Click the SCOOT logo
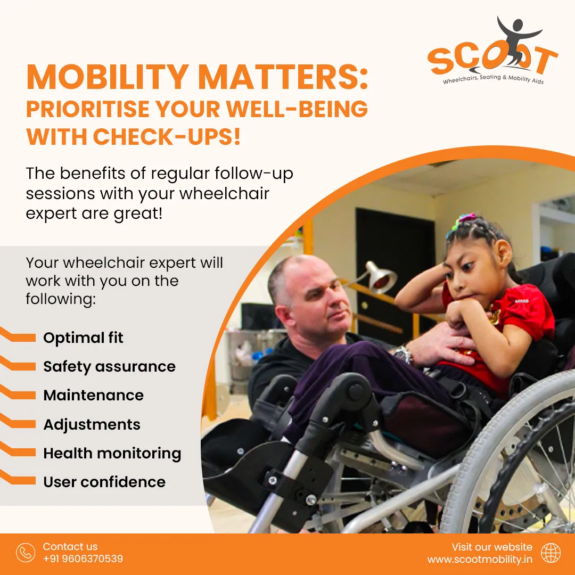[x=492, y=51]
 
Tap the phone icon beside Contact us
[x=26, y=553]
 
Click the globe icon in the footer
[x=551, y=553]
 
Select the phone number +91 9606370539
[x=83, y=558]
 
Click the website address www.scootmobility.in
[x=480, y=559]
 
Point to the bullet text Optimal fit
[x=83, y=338]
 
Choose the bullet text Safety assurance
[x=109, y=366]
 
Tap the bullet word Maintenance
[x=94, y=395]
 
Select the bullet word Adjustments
[x=92, y=424]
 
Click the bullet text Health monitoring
[x=112, y=453]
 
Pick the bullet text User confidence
[x=104, y=482]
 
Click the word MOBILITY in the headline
[x=108, y=77]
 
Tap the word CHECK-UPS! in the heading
[x=167, y=136]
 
